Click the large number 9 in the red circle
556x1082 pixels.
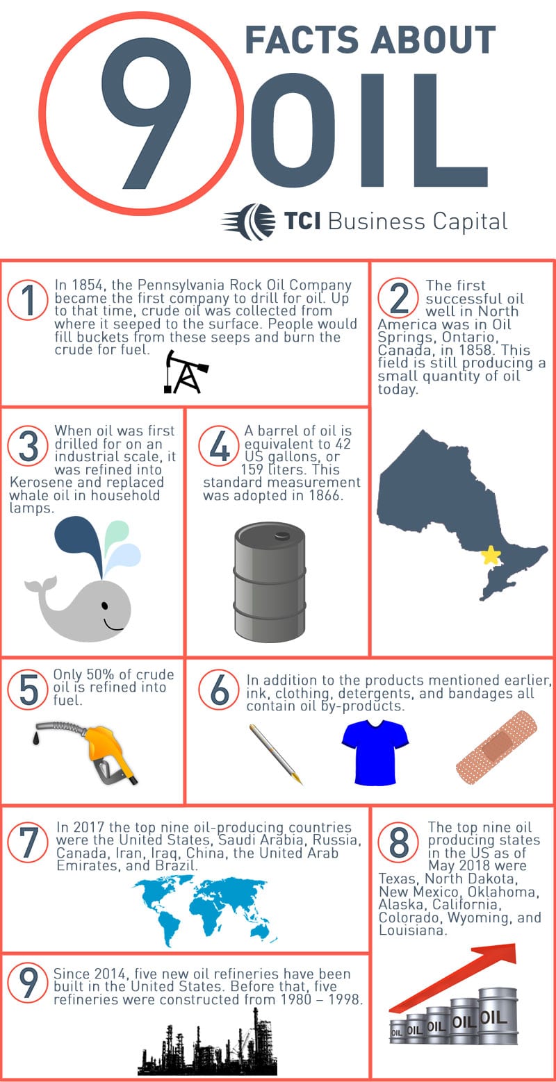[x=142, y=111]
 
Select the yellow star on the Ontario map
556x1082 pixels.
[x=491, y=555]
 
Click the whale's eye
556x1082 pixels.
[x=105, y=606]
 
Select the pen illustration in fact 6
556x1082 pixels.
[x=276, y=754]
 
